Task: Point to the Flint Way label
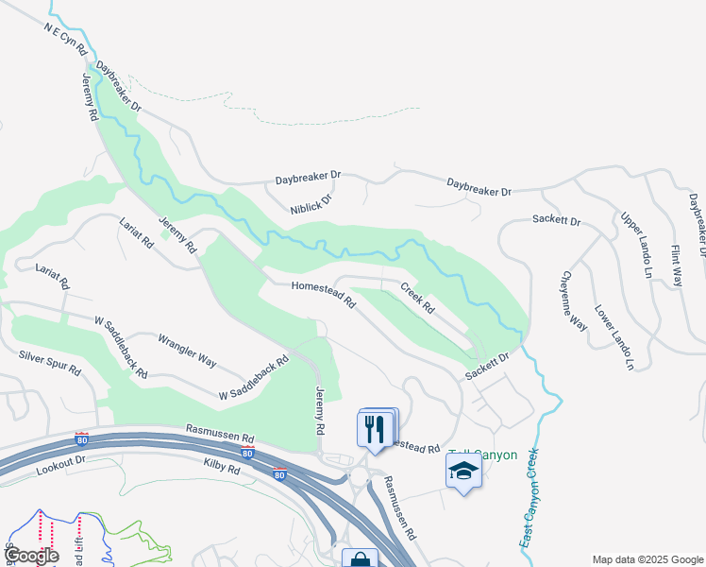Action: click(x=676, y=266)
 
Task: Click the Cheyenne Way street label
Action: click(x=575, y=301)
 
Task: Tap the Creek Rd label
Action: click(x=416, y=299)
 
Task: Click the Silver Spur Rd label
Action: click(x=49, y=362)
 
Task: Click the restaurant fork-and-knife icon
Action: click(x=375, y=429)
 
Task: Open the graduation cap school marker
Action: click(x=463, y=471)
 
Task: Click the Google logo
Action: click(x=31, y=556)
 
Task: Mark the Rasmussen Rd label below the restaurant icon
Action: click(x=398, y=507)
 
